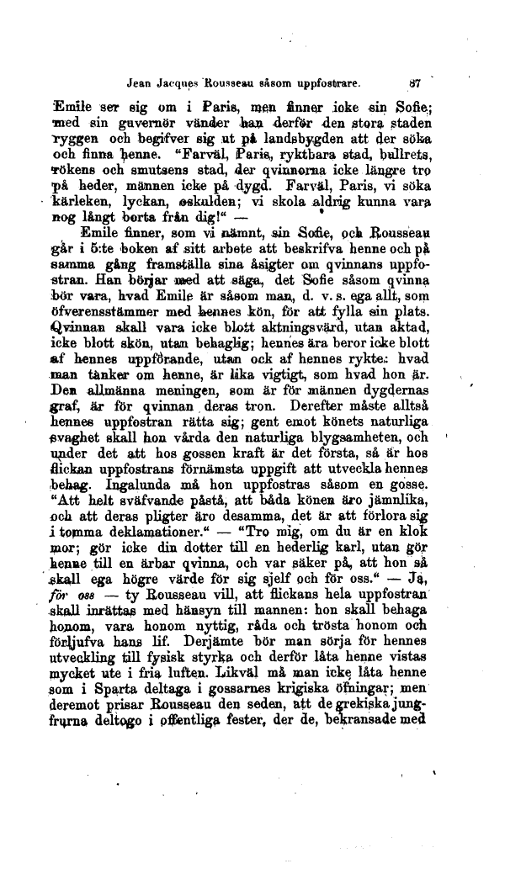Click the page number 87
click(416, 83)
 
